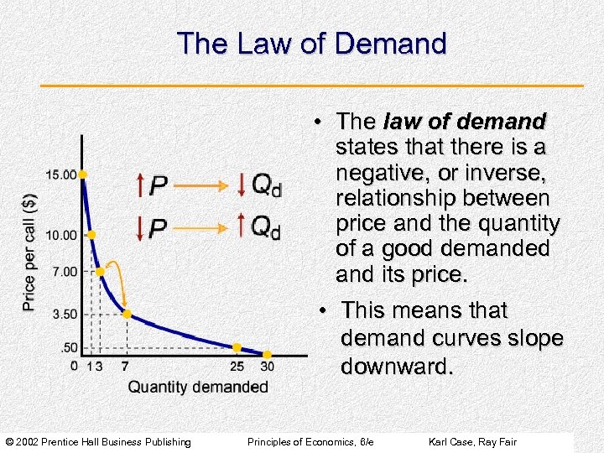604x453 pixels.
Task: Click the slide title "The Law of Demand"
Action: point(311,44)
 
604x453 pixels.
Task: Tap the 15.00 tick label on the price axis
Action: point(61,174)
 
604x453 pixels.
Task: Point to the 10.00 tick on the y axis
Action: point(61,235)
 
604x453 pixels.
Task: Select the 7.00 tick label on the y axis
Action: point(63,271)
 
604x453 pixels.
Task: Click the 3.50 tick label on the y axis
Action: point(63,314)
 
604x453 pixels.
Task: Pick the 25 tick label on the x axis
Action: point(237,366)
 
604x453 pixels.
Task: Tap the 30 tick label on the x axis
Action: point(267,366)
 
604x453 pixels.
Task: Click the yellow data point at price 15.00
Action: point(83,174)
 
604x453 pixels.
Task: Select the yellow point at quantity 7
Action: point(127,314)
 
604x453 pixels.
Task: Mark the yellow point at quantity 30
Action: point(268,355)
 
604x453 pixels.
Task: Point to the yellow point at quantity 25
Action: point(237,347)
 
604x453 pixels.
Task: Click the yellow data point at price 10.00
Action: point(91,235)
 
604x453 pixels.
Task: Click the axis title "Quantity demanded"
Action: point(198,387)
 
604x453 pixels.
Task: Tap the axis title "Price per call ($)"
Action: point(29,250)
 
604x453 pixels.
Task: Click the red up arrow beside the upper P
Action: point(140,184)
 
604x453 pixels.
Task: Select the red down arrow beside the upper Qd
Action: point(242,184)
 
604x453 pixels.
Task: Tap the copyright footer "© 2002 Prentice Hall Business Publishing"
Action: point(98,442)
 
